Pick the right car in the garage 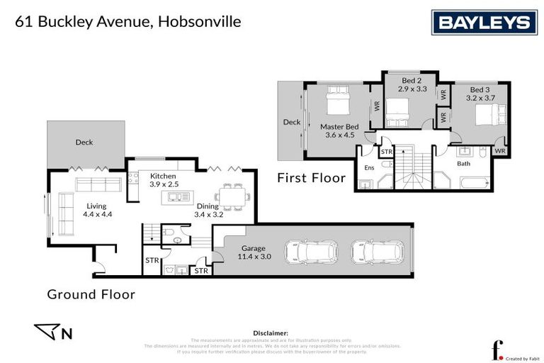coord(377,251)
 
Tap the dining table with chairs coord(232,195)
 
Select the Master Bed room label coord(342,130)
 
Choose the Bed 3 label coord(480,94)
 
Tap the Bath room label coord(464,164)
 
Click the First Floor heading coord(311,178)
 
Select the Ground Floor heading coord(91,293)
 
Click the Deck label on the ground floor coord(84,143)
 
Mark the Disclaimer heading coord(271,333)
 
